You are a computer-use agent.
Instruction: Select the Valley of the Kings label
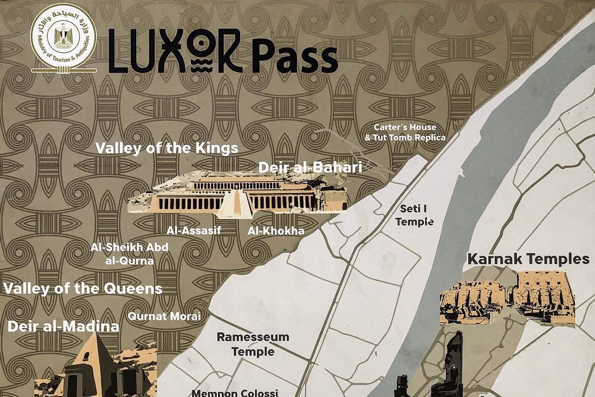click(x=167, y=148)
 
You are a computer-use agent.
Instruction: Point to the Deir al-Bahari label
click(x=310, y=167)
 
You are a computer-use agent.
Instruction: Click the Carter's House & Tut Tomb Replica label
click(x=405, y=132)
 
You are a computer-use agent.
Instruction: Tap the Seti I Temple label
click(x=414, y=215)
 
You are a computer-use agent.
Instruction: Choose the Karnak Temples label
click(x=528, y=259)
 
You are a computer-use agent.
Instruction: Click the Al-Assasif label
click(x=194, y=230)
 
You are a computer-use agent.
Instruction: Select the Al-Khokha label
click(x=276, y=231)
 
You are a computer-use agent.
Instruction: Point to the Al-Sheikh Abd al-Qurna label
click(x=130, y=254)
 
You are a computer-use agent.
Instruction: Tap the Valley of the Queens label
click(x=83, y=288)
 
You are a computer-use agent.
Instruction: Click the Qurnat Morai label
click(x=164, y=316)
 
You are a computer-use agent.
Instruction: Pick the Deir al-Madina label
click(x=63, y=326)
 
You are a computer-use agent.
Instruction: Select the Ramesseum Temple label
click(x=253, y=344)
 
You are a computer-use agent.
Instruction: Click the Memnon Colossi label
click(x=235, y=392)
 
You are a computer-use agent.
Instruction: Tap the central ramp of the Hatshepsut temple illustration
click(x=234, y=203)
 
